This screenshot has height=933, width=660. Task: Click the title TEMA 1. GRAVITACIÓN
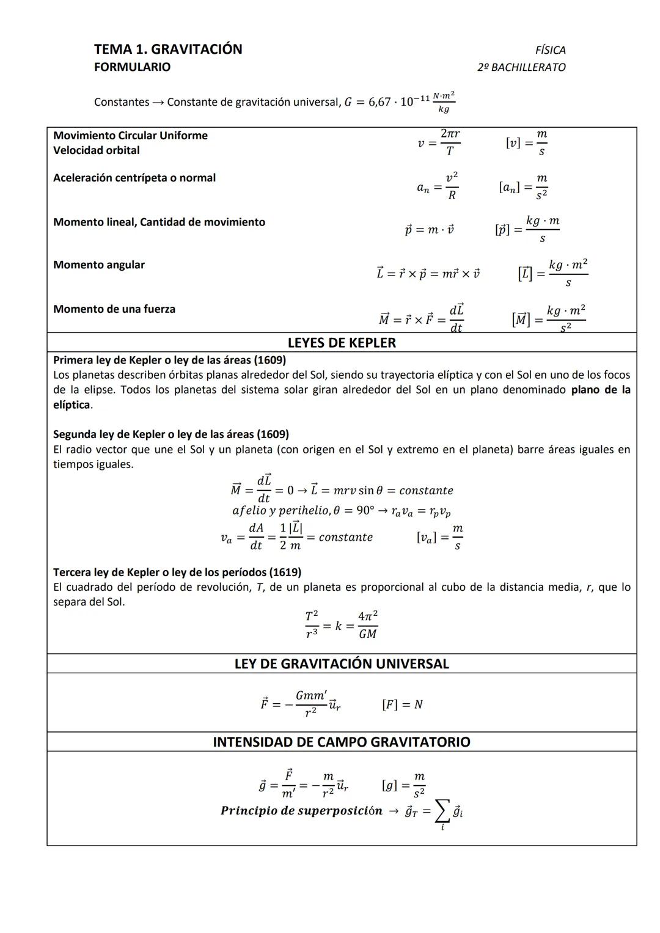pos(168,49)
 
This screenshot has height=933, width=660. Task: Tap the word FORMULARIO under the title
pos(132,67)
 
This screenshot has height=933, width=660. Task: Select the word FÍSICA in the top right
pos(550,50)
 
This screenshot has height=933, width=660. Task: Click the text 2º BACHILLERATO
pos(521,67)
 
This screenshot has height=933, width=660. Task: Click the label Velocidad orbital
pos(96,150)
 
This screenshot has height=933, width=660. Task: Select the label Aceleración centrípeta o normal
pos(134,178)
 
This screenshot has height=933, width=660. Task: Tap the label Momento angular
pos(99,265)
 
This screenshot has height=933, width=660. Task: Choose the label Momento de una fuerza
pos(114,309)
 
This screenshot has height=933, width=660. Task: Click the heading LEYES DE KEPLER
pos(342,343)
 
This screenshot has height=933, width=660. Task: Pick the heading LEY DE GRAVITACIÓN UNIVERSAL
pos(342,664)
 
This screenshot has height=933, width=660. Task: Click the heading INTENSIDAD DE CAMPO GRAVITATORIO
pos(342,742)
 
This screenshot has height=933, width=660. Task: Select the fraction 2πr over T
pos(450,142)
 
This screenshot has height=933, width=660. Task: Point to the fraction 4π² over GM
pos(367,624)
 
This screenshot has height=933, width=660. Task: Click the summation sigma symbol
pos(442,812)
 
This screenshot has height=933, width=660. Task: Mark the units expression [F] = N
pos(402,704)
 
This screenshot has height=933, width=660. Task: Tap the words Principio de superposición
pos(301,811)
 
